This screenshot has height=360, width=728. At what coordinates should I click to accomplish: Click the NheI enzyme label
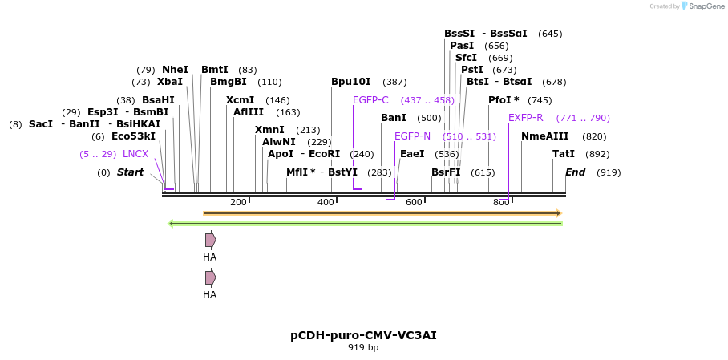click(175, 70)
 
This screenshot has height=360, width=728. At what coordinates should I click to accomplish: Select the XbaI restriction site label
click(170, 82)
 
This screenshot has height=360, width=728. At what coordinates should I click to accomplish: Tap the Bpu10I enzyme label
click(351, 82)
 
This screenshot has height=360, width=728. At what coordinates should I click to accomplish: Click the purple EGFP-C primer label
click(370, 100)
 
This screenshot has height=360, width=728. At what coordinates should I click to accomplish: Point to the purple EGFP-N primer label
click(412, 136)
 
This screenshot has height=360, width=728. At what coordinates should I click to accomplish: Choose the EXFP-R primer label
click(525, 118)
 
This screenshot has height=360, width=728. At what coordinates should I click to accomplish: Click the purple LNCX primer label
click(135, 154)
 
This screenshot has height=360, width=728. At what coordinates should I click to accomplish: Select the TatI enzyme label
click(564, 154)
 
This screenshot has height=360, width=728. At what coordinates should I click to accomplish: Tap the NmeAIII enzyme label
click(544, 136)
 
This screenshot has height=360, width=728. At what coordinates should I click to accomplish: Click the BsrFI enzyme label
click(446, 172)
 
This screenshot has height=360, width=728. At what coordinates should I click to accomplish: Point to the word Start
click(130, 172)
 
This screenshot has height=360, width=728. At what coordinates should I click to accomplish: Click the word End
click(575, 172)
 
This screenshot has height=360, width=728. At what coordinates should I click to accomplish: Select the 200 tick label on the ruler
click(238, 202)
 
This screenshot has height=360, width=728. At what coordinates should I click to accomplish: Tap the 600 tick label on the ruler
click(414, 202)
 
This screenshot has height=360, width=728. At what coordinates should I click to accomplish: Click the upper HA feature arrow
click(210, 240)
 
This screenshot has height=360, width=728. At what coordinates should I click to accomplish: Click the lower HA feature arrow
click(210, 277)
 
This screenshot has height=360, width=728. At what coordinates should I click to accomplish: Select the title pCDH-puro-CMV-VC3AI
click(363, 335)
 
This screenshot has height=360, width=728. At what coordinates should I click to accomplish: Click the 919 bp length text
click(363, 348)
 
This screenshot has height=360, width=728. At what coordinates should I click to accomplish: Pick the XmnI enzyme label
click(269, 130)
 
